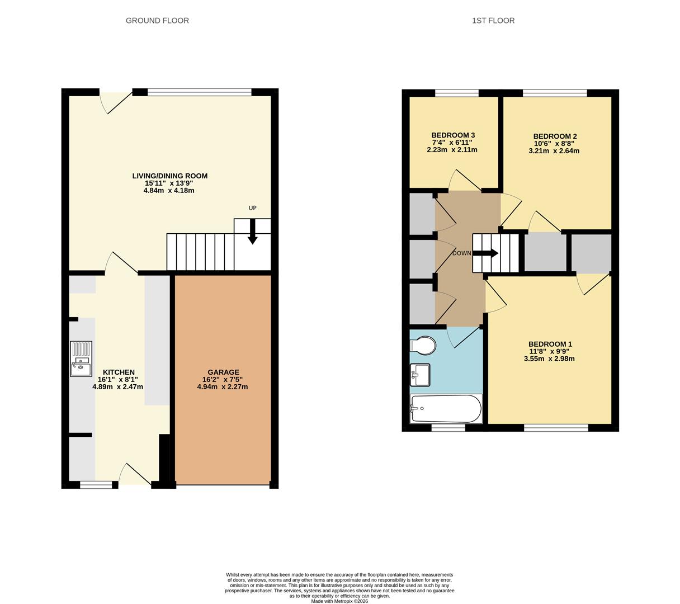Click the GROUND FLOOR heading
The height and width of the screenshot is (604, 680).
click(157, 21)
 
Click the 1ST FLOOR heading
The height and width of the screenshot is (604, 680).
click(493, 21)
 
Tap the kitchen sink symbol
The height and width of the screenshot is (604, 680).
click(81, 359)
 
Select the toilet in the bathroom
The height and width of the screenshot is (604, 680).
click(423, 346)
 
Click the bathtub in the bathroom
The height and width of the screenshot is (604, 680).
click(446, 409)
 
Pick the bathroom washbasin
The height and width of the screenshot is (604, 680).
click(420, 375)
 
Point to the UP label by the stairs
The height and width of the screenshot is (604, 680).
click(252, 208)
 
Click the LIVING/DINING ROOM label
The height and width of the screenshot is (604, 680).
click(169, 176)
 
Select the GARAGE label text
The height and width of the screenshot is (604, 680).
click(223, 372)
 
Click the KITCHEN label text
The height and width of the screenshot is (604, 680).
click(119, 372)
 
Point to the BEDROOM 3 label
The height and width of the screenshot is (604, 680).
click(453, 135)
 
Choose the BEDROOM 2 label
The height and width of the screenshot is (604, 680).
click(555, 136)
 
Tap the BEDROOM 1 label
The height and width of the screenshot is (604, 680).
click(550, 344)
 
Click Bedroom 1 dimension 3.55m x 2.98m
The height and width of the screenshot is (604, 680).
click(549, 359)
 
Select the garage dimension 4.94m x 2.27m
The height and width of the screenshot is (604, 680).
click(223, 386)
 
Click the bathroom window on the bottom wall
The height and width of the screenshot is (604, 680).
click(448, 428)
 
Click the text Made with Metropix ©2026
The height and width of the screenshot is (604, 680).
click(339, 601)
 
